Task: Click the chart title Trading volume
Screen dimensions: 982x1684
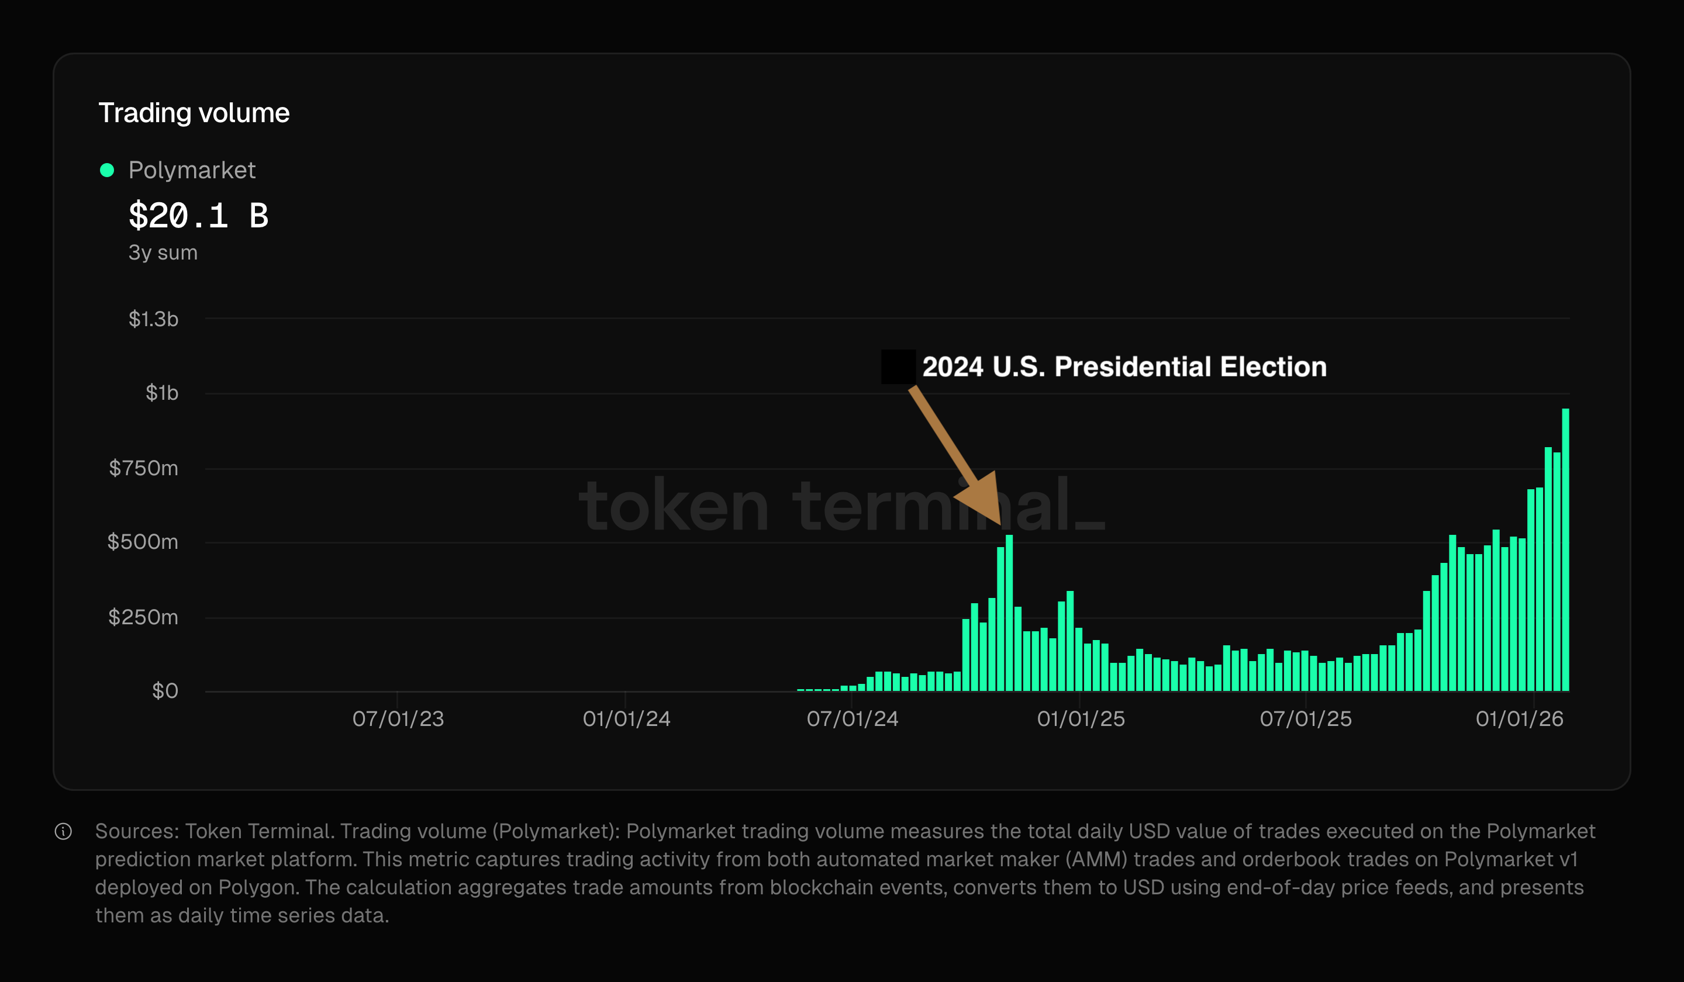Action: click(194, 113)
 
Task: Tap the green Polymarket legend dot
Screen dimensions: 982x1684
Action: click(107, 170)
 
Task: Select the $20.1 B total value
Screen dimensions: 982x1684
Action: click(198, 216)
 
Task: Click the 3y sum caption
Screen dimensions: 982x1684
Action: click(163, 253)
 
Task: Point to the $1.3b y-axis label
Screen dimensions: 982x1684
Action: click(153, 319)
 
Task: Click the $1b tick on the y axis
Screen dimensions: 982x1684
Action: click(162, 393)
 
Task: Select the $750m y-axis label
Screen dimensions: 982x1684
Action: click(143, 468)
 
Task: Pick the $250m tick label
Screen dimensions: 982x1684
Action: click(143, 617)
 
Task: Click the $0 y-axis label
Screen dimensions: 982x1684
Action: click(165, 691)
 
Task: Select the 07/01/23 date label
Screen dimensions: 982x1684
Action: click(398, 719)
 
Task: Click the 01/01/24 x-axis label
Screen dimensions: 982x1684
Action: click(626, 719)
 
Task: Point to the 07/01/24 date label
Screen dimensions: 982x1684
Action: click(852, 719)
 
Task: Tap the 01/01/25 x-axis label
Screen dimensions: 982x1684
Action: click(1081, 719)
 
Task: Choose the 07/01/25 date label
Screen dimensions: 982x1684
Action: click(1305, 719)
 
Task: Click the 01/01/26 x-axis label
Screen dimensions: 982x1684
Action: click(1519, 719)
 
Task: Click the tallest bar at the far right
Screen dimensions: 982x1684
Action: click(1565, 548)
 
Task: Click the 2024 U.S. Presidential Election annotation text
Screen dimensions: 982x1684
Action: click(1124, 366)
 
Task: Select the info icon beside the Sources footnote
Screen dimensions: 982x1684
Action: click(64, 831)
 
